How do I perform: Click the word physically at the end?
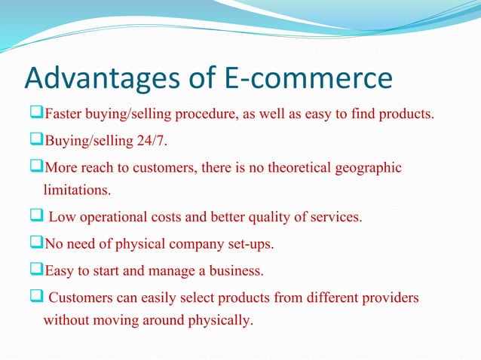click(222, 320)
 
